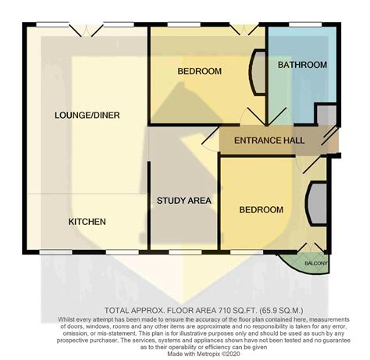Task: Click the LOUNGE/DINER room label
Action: (87, 115)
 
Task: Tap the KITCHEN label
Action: (87, 222)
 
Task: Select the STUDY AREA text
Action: (184, 201)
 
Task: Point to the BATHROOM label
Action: (302, 65)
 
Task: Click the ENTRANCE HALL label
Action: (269, 141)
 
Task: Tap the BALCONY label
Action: (316, 263)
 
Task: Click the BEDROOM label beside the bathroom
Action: (200, 71)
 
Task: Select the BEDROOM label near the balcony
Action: (261, 210)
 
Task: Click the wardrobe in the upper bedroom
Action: (258, 73)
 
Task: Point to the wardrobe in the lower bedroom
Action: (316, 203)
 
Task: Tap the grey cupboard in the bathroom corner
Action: (326, 114)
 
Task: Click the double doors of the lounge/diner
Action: (86, 30)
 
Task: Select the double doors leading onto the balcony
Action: (310, 248)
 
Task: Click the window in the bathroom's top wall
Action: (305, 25)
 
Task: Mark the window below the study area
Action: (185, 252)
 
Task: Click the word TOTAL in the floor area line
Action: (116, 311)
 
